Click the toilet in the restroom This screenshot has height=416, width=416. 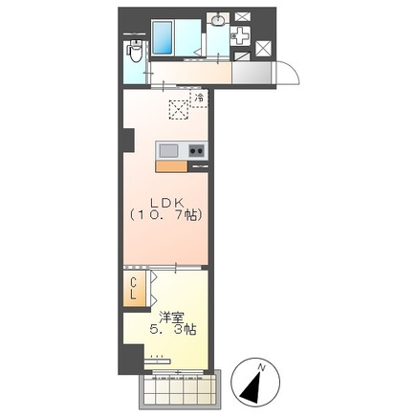click(135, 51)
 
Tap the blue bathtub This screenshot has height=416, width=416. click(163, 37)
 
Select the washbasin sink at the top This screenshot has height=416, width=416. click(218, 20)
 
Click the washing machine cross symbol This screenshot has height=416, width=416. click(241, 37)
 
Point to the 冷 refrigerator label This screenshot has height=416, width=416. click(199, 98)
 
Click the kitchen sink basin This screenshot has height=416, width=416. click(168, 150)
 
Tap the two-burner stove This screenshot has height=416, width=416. click(196, 150)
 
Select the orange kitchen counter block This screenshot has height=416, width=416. click(171, 166)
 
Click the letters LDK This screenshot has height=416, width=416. click(166, 202)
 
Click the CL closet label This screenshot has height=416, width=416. click(134, 288)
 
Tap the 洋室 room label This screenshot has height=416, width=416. click(172, 317)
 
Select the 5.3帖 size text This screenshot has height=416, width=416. click(172, 330)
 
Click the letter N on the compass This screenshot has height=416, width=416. click(262, 367)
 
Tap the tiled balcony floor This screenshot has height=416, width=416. click(180, 390)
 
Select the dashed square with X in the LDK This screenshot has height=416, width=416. click(179, 110)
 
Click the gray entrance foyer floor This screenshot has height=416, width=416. click(252, 73)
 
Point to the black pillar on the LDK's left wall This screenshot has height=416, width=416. click(128, 140)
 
